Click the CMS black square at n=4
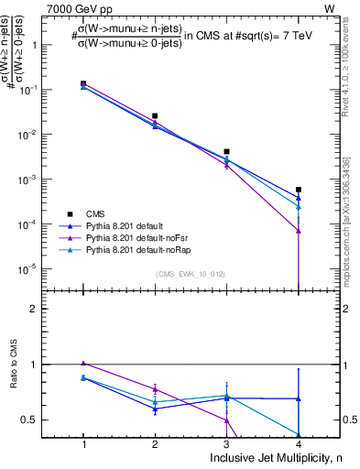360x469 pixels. (x=299, y=190)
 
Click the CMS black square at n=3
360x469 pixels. (x=226, y=151)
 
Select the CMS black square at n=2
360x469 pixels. (x=155, y=116)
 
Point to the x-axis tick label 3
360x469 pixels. (x=226, y=444)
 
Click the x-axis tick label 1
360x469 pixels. (x=83, y=444)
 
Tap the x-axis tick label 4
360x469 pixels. (x=299, y=444)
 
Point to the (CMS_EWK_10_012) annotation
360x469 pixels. (x=191, y=274)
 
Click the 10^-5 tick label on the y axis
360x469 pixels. (x=33, y=268)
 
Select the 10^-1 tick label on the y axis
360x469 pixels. (x=33, y=90)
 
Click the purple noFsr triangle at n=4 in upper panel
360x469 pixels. (x=299, y=231)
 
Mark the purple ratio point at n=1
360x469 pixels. (x=83, y=364)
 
